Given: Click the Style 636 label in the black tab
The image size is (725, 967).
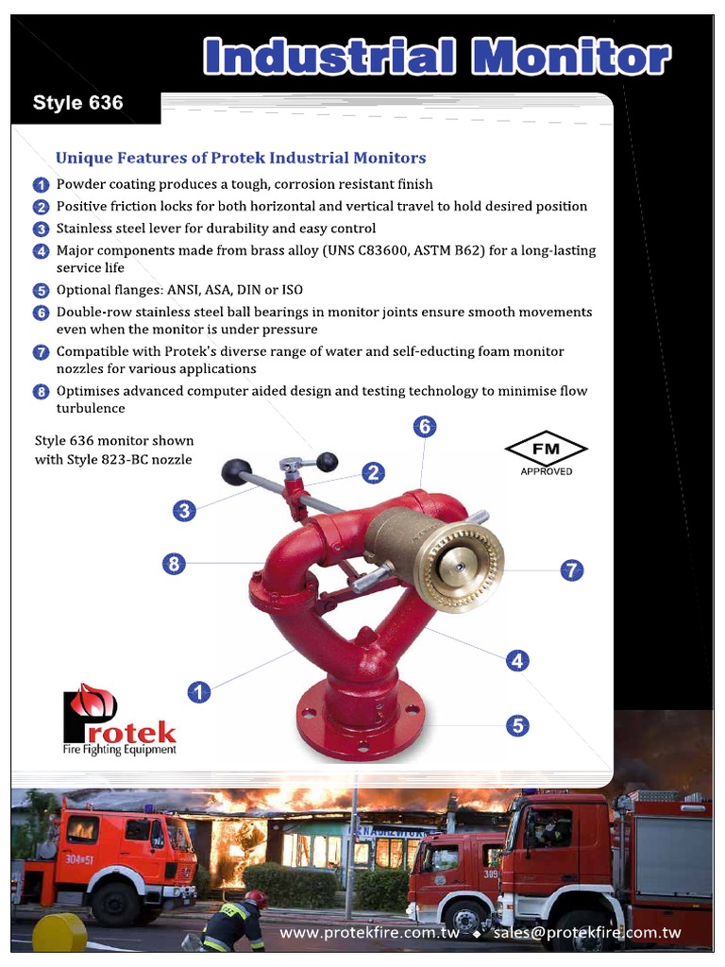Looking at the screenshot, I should click(77, 103).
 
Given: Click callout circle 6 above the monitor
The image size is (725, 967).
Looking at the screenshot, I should click(425, 427).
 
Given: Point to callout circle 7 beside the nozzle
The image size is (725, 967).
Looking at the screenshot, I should click(571, 569).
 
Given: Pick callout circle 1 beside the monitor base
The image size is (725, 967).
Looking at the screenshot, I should click(198, 692).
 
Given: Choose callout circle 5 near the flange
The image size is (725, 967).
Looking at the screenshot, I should click(517, 725).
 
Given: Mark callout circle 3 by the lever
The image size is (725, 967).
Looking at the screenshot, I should click(184, 511).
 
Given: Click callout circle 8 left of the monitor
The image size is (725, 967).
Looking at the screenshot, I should click(173, 564).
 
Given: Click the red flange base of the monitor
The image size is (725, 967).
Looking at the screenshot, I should click(360, 727).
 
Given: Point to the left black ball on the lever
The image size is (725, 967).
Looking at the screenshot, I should click(236, 470).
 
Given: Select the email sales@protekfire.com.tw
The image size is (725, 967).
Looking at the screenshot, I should click(586, 933).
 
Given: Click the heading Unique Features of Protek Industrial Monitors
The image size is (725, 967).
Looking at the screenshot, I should click(241, 158).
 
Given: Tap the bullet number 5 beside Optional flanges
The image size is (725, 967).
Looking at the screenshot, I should click(41, 291).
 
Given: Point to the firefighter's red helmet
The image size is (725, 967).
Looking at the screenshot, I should click(256, 899).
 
